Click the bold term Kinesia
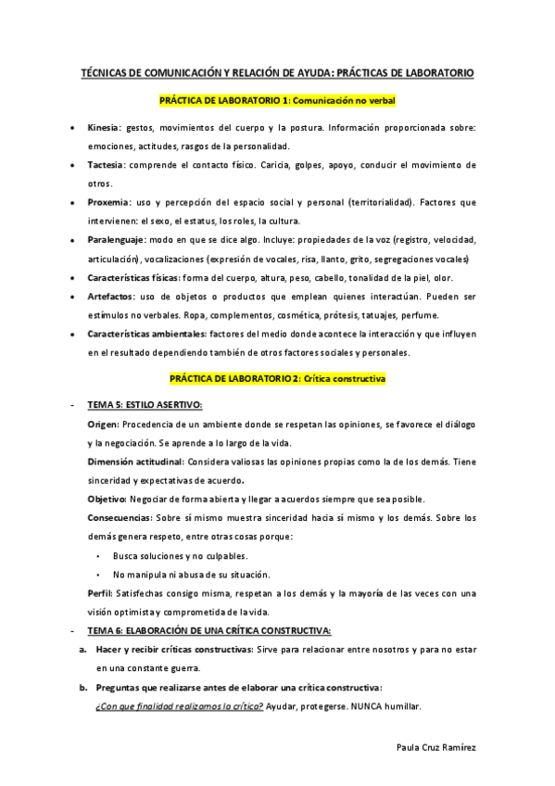point(103,128)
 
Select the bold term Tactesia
point(105,165)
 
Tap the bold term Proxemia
point(107,202)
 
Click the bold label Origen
point(103,424)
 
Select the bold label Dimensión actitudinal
point(134,461)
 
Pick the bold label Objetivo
point(107,499)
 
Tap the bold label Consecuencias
point(120,517)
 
